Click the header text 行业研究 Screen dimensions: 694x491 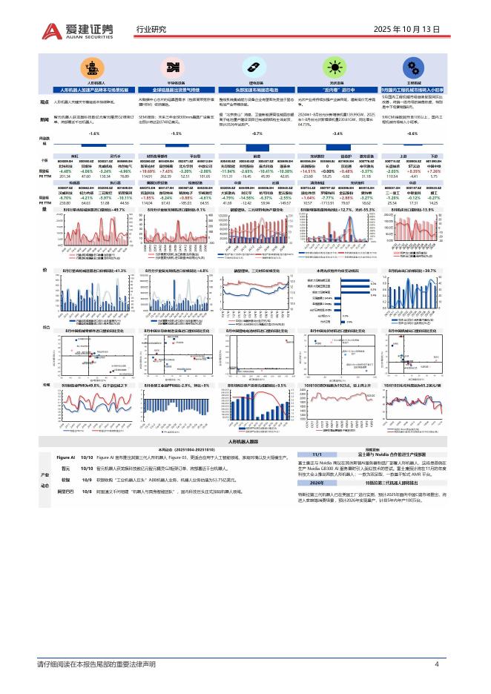pyautogui.click(x=151, y=30)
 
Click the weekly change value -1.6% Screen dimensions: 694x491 pyautogui.click(x=93, y=133)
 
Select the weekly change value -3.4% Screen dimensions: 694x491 pyautogui.click(x=337, y=133)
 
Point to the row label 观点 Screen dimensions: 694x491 pyautogui.click(x=44, y=102)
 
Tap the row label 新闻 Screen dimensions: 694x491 pyautogui.click(x=44, y=119)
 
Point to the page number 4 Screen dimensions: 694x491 pyautogui.click(x=437, y=663)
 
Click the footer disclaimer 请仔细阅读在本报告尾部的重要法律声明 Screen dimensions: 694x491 pyautogui.click(x=96, y=663)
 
